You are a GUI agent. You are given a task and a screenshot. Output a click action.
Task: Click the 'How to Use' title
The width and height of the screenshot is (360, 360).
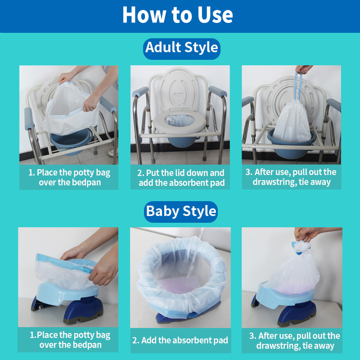tap(178, 15)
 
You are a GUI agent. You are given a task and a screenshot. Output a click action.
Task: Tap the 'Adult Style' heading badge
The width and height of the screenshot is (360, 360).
tap(181, 48)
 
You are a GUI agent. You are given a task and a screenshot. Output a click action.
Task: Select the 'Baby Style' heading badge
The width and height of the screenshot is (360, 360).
tap(181, 211)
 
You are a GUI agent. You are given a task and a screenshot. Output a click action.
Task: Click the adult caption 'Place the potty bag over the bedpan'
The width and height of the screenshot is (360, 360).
tap(68, 177)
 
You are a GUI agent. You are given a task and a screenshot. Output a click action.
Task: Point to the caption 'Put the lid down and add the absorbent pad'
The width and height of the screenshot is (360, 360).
tap(180, 177)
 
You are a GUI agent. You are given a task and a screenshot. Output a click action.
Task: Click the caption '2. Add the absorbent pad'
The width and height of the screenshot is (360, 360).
tap(180, 340)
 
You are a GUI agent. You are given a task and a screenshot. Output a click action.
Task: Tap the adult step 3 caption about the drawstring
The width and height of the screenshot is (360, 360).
tap(291, 177)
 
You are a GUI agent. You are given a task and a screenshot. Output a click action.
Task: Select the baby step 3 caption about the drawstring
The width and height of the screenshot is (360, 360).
tap(292, 341)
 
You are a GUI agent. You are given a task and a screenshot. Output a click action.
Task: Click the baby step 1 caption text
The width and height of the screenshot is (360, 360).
tap(68, 340)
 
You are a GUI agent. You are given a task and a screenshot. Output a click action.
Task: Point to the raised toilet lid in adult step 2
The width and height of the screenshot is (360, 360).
tap(180, 88)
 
